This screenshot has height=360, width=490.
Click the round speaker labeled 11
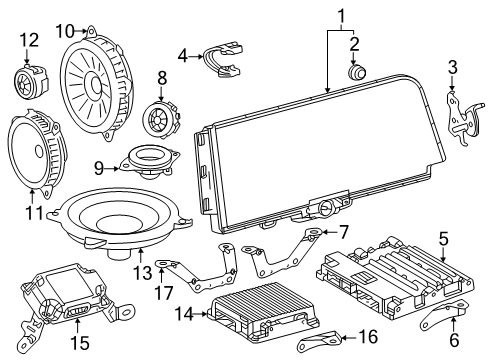(x=36, y=150)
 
